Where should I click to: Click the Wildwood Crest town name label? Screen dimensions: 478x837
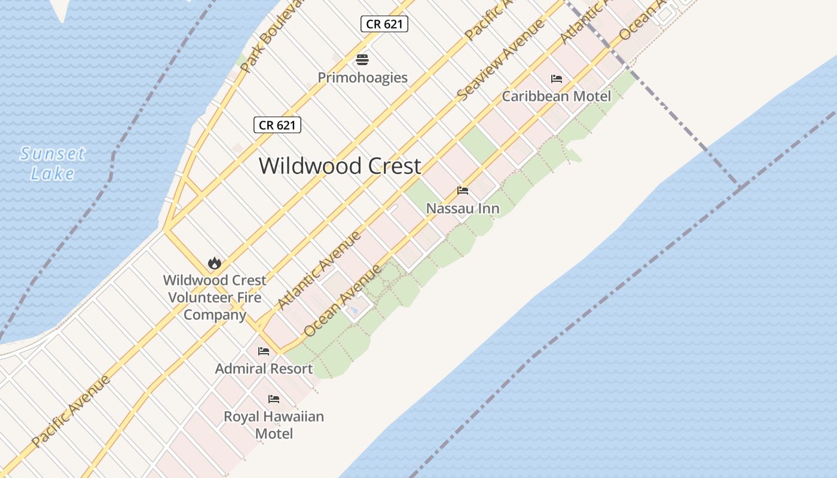pyautogui.click(x=340, y=166)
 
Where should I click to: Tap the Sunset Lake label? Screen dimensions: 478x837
pyautogui.click(x=53, y=163)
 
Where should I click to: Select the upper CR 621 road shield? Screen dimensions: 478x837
pyautogui.click(x=384, y=24)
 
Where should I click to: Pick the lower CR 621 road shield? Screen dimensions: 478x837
pyautogui.click(x=277, y=125)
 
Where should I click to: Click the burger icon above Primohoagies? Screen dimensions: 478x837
pyautogui.click(x=362, y=60)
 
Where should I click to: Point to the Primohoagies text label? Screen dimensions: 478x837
pyautogui.click(x=362, y=78)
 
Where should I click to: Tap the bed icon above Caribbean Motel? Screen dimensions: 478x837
pyautogui.click(x=557, y=79)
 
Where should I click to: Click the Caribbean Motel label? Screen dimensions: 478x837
pyautogui.click(x=556, y=96)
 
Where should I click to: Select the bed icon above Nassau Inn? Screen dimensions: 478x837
pyautogui.click(x=463, y=191)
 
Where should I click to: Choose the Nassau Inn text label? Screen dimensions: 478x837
pyautogui.click(x=463, y=209)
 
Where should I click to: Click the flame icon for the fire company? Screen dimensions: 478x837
pyautogui.click(x=214, y=263)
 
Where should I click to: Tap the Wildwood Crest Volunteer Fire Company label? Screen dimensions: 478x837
pyautogui.click(x=215, y=297)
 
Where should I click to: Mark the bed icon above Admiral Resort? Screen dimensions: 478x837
pyautogui.click(x=264, y=351)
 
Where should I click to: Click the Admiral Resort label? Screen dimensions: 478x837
pyautogui.click(x=264, y=369)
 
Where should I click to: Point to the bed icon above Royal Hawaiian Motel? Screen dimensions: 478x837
pyautogui.click(x=274, y=399)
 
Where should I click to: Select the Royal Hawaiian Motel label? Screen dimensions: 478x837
pyautogui.click(x=274, y=424)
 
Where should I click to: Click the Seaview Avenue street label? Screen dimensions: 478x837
pyautogui.click(x=500, y=59)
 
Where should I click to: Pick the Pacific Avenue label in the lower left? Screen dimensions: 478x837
pyautogui.click(x=71, y=410)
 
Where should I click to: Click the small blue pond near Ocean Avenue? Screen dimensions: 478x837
pyautogui.click(x=354, y=310)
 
